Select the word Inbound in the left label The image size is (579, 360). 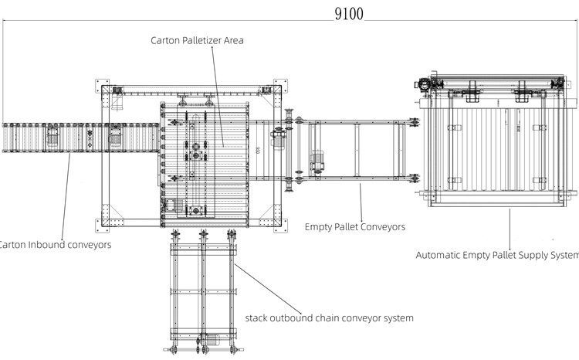[x=47, y=245]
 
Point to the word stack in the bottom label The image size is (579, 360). [x=259, y=318]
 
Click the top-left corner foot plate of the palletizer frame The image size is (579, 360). [x=106, y=91]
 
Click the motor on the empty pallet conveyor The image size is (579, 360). [x=317, y=163]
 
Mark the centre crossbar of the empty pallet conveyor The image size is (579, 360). [x=357, y=152]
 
